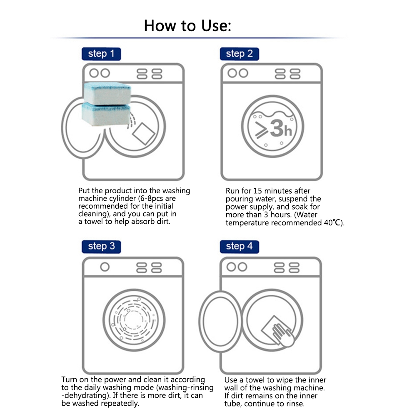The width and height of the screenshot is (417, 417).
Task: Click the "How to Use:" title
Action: (x=187, y=25)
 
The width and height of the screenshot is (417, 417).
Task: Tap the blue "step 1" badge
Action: (x=101, y=54)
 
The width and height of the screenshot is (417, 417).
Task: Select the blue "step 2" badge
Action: (x=239, y=54)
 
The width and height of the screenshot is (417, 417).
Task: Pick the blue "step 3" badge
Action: (x=101, y=246)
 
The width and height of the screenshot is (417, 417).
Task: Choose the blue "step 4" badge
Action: (x=239, y=246)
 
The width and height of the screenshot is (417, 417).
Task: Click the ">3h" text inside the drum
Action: (x=273, y=129)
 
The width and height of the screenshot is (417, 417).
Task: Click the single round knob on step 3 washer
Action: (x=105, y=267)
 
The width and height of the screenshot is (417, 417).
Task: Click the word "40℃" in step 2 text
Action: (x=334, y=223)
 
